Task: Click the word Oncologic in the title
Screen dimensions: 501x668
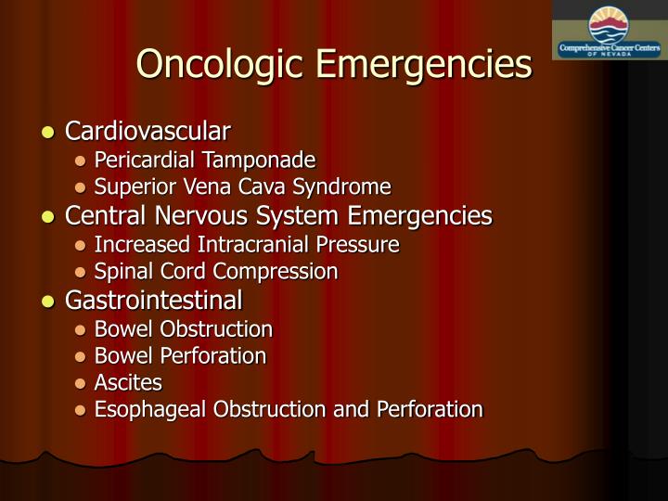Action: [x=222, y=65]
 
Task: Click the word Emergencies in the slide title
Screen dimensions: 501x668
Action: [x=426, y=65]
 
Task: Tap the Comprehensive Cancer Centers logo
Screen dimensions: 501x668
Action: [x=608, y=32]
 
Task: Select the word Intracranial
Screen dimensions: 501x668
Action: [x=241, y=244]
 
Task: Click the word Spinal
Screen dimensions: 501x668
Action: [x=118, y=272]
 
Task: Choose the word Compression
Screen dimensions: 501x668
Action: [x=279, y=272]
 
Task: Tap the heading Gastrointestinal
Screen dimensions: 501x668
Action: [x=154, y=301]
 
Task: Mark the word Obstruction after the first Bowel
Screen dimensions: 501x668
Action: [x=218, y=329]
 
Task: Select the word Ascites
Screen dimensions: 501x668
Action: [x=128, y=382]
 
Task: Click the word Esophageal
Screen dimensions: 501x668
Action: [x=141, y=409]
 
